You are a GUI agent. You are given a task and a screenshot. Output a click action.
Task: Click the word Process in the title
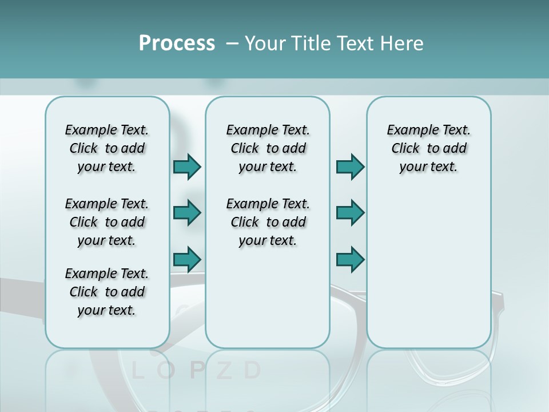coord(177,43)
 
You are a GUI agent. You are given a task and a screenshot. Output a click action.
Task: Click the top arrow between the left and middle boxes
coord(187,167)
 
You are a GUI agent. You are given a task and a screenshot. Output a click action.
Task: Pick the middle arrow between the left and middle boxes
coord(187,213)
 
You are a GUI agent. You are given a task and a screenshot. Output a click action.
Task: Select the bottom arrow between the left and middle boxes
coord(187,260)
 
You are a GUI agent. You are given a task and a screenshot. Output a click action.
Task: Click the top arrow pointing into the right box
coord(350,167)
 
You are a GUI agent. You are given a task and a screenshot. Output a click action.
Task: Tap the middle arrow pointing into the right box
coord(350,213)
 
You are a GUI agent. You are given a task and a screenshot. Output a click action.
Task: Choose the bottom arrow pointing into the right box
coord(350,260)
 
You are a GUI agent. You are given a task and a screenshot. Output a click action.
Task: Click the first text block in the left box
coord(107,148)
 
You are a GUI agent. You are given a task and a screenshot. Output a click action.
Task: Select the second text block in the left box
coord(107,222)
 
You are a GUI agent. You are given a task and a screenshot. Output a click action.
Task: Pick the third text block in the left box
coord(107,292)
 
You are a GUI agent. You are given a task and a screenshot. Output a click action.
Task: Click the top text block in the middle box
coord(268,148)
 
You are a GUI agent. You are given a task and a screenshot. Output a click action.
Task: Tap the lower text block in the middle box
coord(268,222)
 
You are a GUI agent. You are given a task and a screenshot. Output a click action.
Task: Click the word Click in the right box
coord(405,148)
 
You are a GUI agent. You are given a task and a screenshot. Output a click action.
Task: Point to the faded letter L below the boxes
coord(137,371)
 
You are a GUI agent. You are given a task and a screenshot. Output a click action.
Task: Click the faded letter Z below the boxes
coord(225,371)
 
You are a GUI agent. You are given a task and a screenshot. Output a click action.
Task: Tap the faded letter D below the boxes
coord(252,371)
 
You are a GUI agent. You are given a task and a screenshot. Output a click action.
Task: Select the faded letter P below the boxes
coord(196,371)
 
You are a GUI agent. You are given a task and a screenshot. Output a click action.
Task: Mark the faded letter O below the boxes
coord(166,371)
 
